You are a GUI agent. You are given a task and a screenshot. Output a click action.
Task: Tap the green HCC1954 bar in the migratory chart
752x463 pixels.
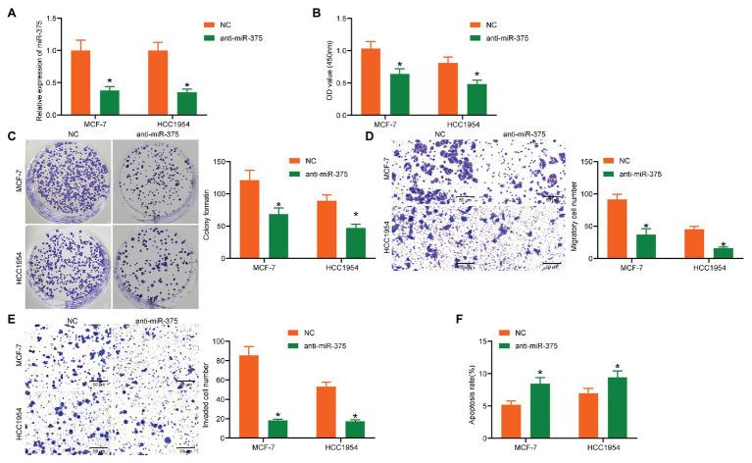tap(723, 253)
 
